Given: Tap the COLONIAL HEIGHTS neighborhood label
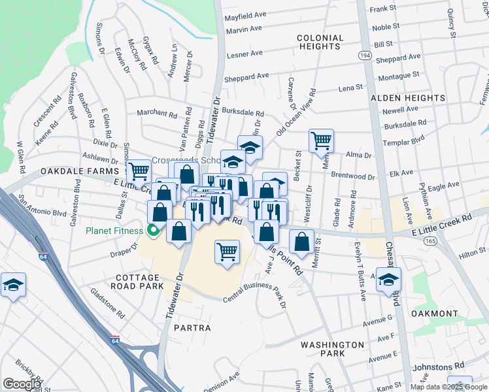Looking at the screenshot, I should (320, 42).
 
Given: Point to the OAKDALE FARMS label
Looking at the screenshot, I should (73, 171).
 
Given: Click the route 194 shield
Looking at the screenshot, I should (365, 56).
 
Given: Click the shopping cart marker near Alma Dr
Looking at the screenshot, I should (321, 140).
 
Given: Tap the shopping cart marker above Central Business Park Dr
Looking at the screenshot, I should (227, 251).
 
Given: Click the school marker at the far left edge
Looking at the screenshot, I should (13, 285).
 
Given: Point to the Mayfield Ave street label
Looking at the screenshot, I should (246, 14).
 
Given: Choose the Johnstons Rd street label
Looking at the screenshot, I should (443, 365).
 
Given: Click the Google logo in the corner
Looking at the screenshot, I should (22, 384).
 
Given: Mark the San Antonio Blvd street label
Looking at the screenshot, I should (42, 204).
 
